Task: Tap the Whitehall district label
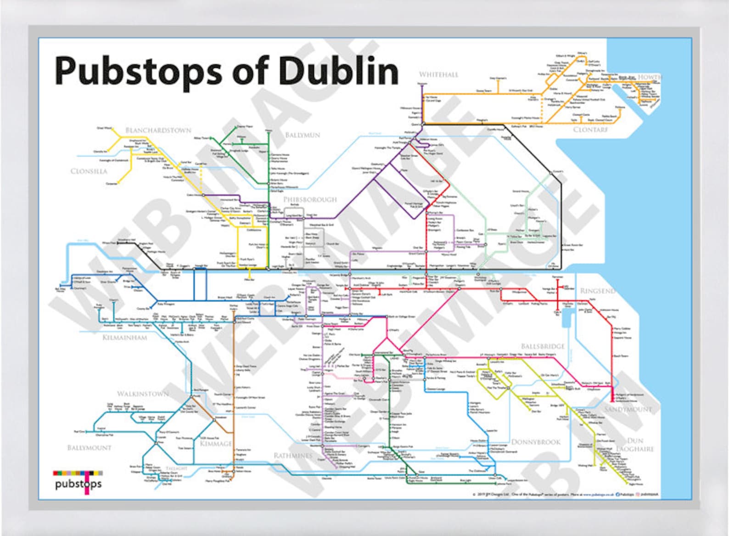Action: pyautogui.click(x=438, y=74)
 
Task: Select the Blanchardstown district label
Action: pyautogui.click(x=158, y=130)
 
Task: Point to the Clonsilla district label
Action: pyautogui.click(x=89, y=171)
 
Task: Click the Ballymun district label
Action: pyautogui.click(x=303, y=135)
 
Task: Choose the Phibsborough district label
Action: pyautogui.click(x=310, y=199)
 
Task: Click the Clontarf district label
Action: pyautogui.click(x=590, y=130)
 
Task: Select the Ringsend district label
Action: pyautogui.click(x=597, y=291)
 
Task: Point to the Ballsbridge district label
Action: pyautogui.click(x=543, y=346)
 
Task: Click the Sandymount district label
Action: pyautogui.click(x=628, y=409)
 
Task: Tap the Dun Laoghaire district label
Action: pyautogui.click(x=635, y=445)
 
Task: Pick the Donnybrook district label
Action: pyautogui.click(x=536, y=442)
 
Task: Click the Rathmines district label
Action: pyautogui.click(x=293, y=456)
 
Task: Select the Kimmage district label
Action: pyautogui.click(x=216, y=444)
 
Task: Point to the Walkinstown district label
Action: pyautogui.click(x=143, y=394)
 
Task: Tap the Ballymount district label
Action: pyautogui.click(x=90, y=447)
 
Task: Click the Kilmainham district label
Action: pyautogui.click(x=125, y=338)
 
